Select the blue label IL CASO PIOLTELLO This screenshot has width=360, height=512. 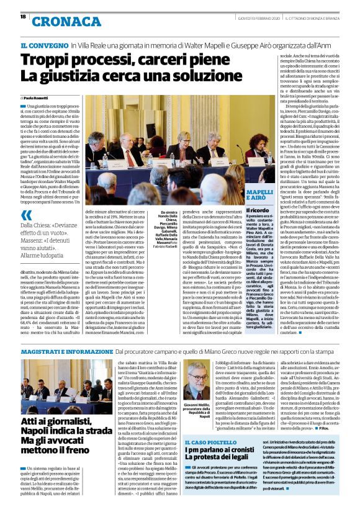coord(212,442)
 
